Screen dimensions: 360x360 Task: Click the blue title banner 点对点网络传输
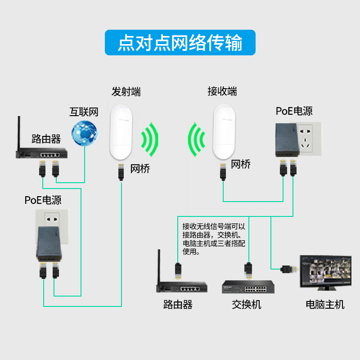180,43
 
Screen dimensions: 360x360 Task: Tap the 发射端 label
126,92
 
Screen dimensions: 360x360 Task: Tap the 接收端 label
222,92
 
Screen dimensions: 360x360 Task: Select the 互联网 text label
84,112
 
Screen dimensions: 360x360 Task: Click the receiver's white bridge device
224,131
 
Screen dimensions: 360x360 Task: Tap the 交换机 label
246,305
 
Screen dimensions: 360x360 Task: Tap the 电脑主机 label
325,305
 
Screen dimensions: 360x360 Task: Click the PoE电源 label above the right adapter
294,111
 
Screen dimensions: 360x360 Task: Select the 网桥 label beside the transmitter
140,169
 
